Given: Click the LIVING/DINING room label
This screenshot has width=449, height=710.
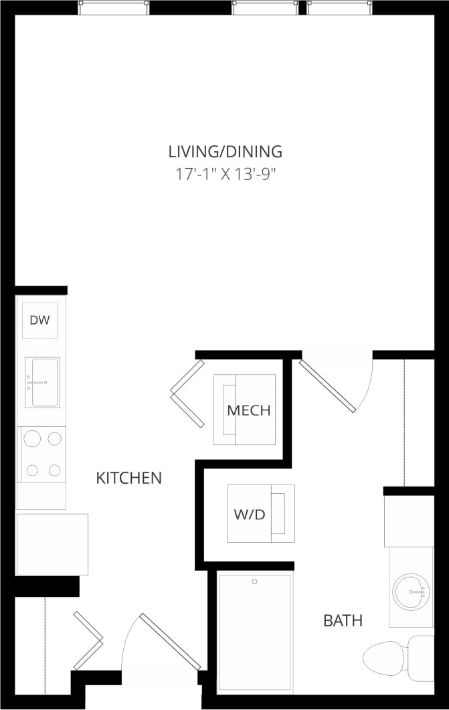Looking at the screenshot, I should [225, 151].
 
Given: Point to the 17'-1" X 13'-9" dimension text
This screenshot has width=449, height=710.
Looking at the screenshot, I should [225, 175].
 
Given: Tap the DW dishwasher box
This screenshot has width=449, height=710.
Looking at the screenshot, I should [40, 320].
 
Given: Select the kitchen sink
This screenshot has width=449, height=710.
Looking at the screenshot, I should [42, 382].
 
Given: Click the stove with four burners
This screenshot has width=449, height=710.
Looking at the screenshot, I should [42, 454].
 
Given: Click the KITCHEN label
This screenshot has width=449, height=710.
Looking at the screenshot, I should [129, 478].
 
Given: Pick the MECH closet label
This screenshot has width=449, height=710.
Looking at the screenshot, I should [249, 410].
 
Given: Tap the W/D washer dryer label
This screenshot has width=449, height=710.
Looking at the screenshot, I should [250, 515].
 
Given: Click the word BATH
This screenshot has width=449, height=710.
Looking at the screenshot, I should [343, 621].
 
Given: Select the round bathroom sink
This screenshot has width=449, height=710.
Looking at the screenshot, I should [410, 591].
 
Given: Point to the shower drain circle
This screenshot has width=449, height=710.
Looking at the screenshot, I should [254, 582].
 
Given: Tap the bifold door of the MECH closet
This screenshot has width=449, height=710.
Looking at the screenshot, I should [187, 393].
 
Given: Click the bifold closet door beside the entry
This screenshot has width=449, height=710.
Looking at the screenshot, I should [88, 640].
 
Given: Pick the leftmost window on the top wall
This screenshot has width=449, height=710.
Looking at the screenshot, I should [113, 7].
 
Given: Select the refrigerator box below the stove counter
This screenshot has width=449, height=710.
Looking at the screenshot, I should [52, 544].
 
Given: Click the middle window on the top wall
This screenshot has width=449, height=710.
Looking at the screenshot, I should [265, 7].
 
